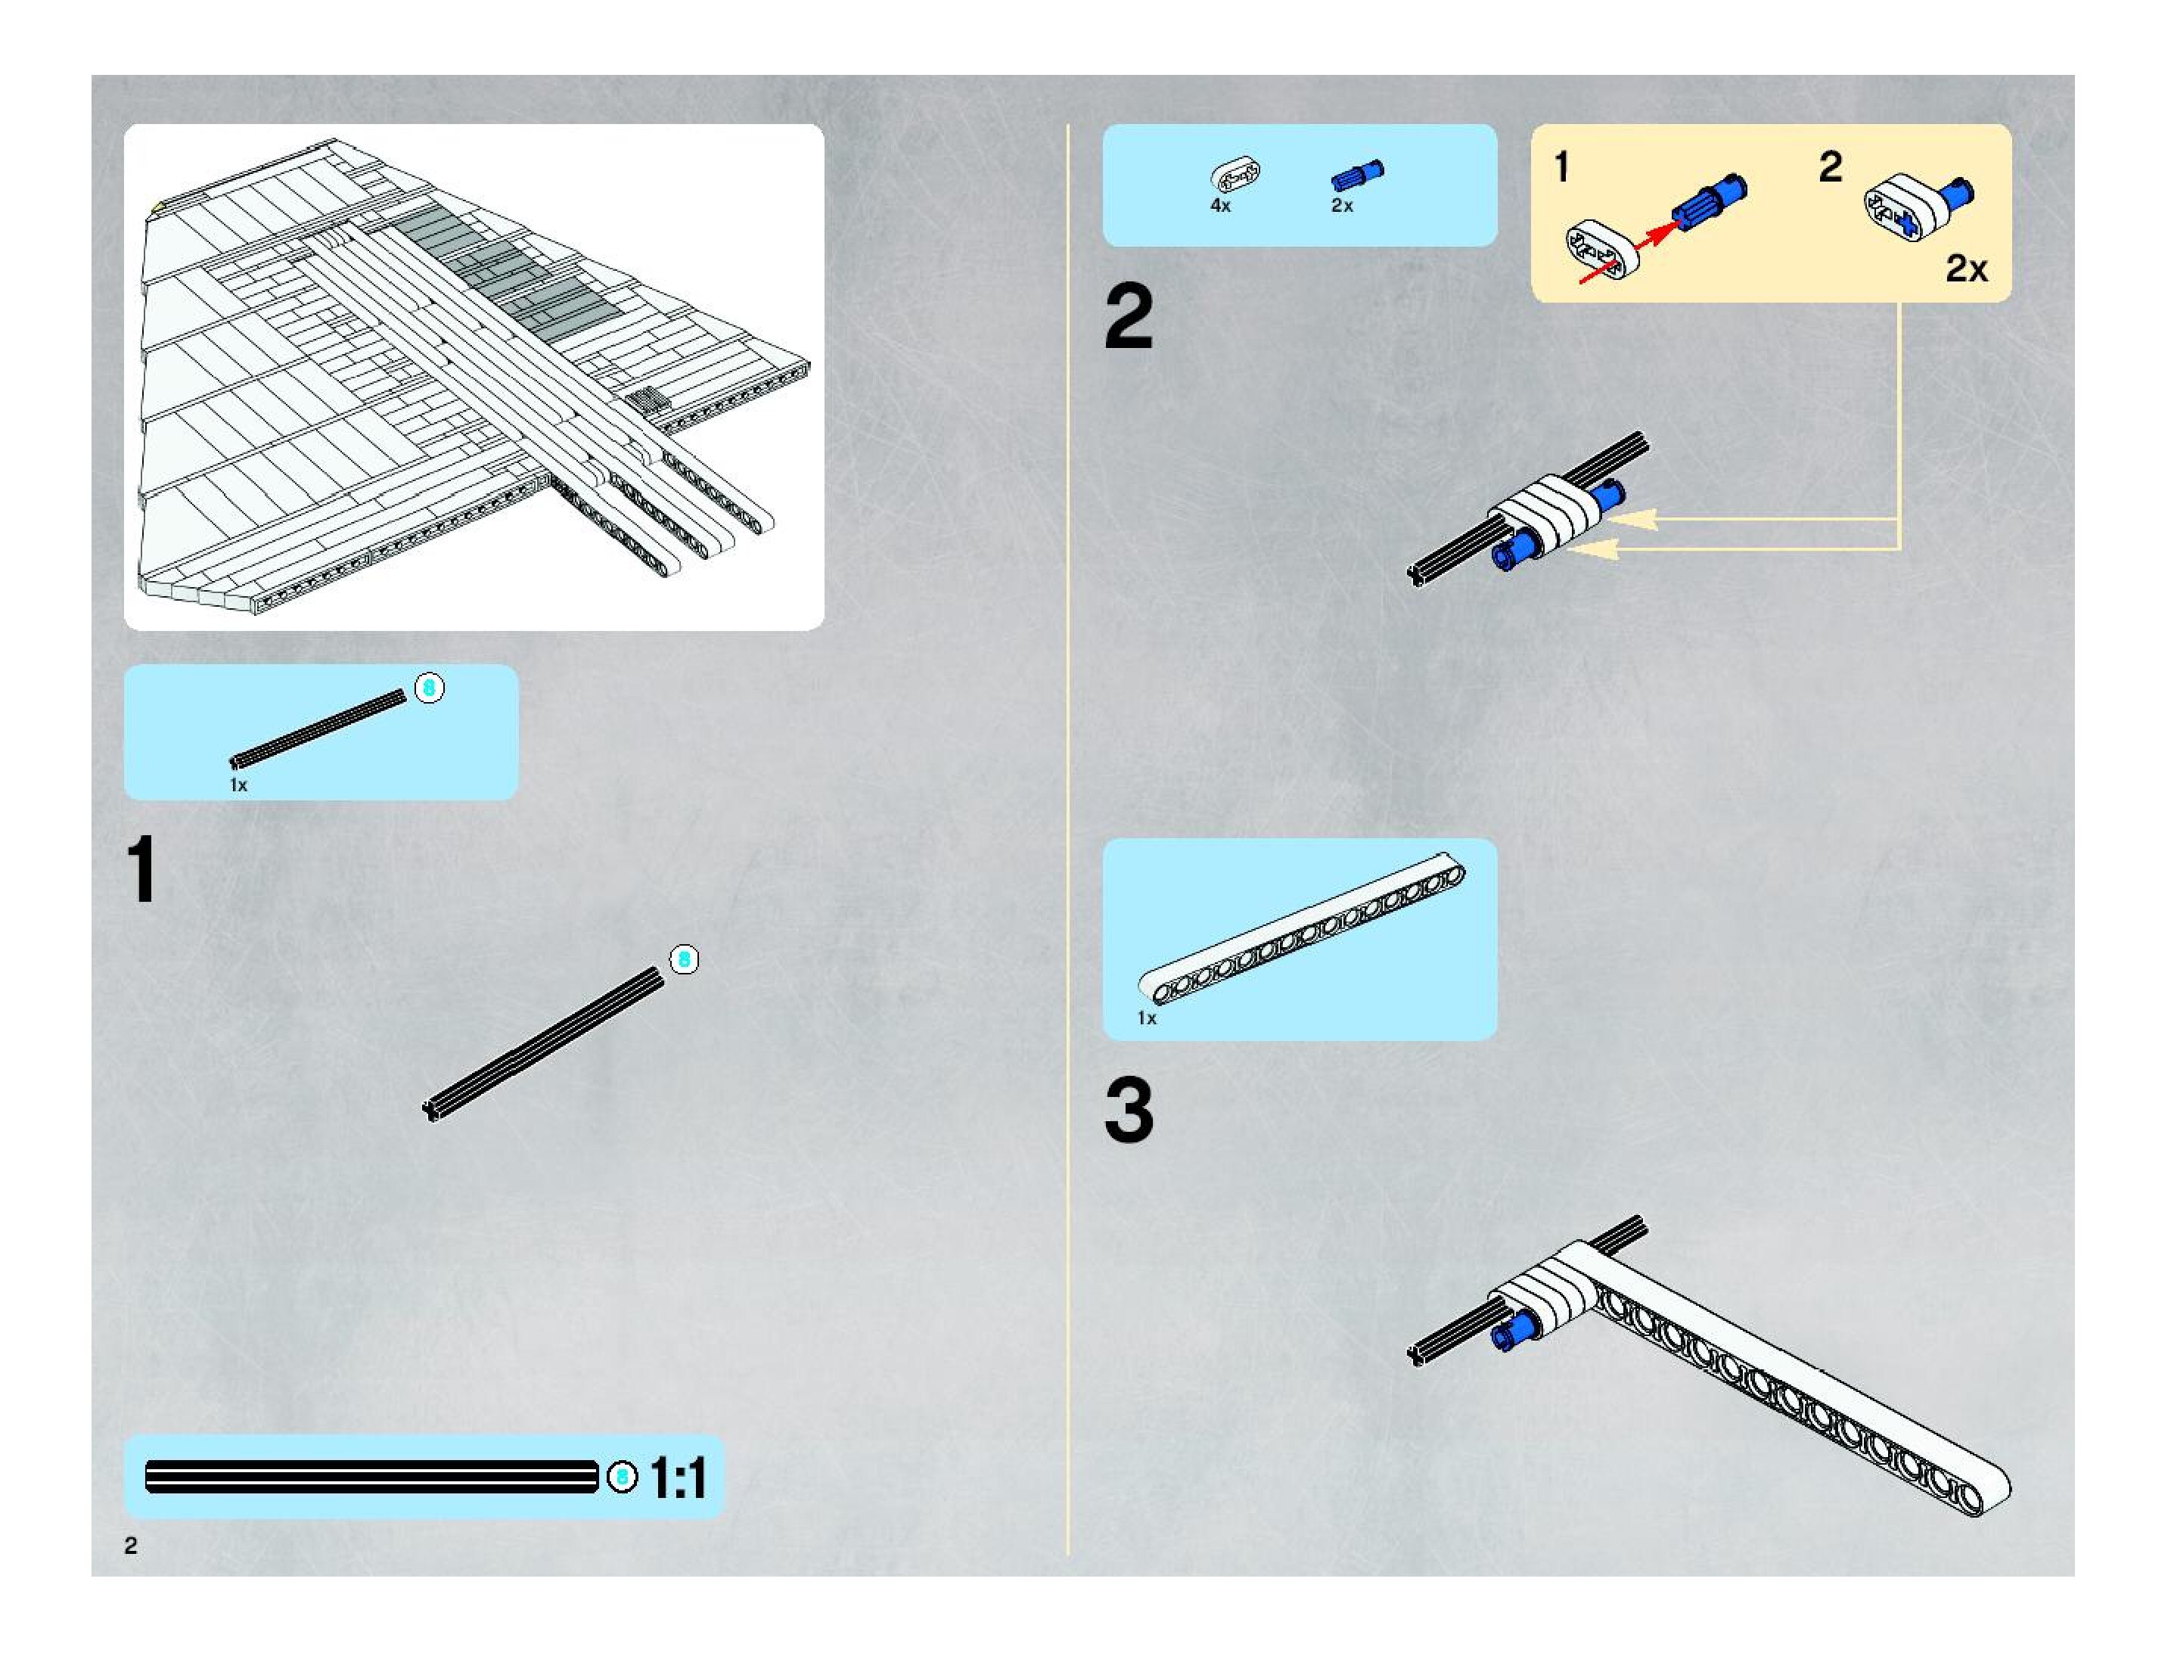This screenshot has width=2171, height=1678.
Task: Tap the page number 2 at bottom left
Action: [130, 1545]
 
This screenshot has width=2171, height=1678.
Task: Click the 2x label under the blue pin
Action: [1341, 206]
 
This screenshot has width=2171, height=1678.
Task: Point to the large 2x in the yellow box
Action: [1965, 269]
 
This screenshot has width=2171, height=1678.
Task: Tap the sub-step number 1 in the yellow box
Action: [1561, 167]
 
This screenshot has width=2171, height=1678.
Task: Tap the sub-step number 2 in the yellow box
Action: [1830, 167]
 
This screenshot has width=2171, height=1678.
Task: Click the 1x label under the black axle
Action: [238, 785]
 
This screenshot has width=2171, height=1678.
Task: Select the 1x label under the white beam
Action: [1147, 1018]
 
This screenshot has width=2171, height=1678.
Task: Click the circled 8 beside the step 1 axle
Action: [684, 959]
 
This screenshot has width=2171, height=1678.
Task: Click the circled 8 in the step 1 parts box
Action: [430, 687]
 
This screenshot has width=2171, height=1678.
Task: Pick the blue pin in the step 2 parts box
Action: [1357, 176]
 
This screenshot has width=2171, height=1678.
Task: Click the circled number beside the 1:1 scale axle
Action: [623, 1478]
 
